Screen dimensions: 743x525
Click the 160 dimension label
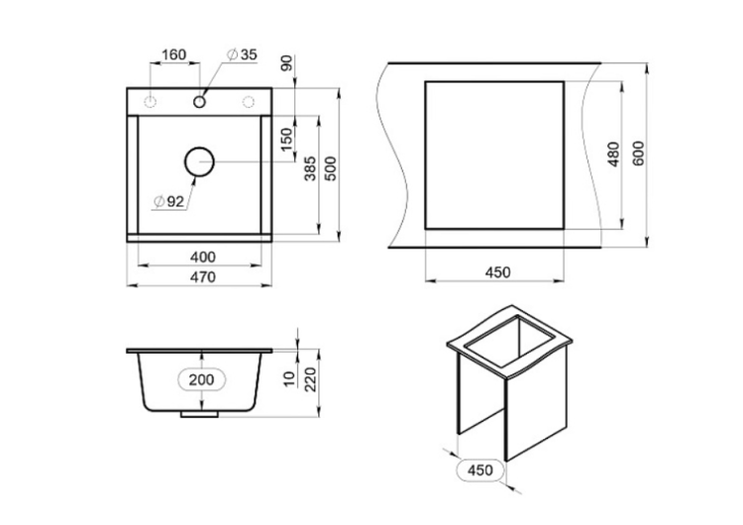tap(174, 54)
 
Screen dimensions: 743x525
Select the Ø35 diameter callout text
tap(242, 54)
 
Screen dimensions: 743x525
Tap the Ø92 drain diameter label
tap(169, 202)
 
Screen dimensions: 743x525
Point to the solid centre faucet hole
tap(199, 101)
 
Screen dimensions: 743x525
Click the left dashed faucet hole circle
tap(151, 101)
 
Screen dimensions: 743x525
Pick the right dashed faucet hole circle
tap(249, 101)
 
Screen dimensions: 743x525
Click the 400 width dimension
tap(202, 257)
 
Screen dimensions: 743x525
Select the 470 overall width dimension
tap(202, 276)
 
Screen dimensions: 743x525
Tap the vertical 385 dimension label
tap(310, 168)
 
